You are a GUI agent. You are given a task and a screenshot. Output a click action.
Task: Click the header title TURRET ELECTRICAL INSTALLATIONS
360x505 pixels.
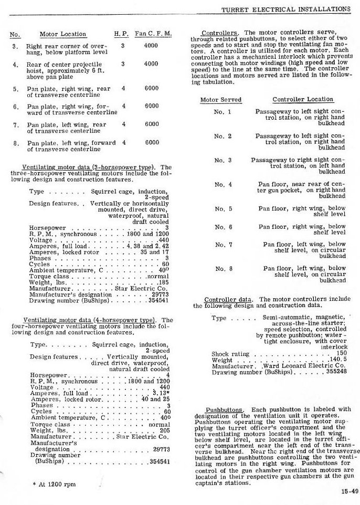(x=286, y=9)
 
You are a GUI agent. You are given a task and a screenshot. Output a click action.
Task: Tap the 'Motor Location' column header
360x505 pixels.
(x=62, y=34)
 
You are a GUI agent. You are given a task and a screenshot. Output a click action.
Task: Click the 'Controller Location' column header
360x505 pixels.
(x=303, y=99)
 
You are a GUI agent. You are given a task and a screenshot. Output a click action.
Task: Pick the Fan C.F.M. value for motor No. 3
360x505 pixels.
(x=151, y=46)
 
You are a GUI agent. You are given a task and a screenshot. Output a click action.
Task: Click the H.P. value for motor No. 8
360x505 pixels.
(x=123, y=142)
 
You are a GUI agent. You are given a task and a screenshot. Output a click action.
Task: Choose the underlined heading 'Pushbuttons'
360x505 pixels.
(x=224, y=409)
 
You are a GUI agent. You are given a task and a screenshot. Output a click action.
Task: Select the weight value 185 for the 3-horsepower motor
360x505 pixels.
(x=163, y=283)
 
